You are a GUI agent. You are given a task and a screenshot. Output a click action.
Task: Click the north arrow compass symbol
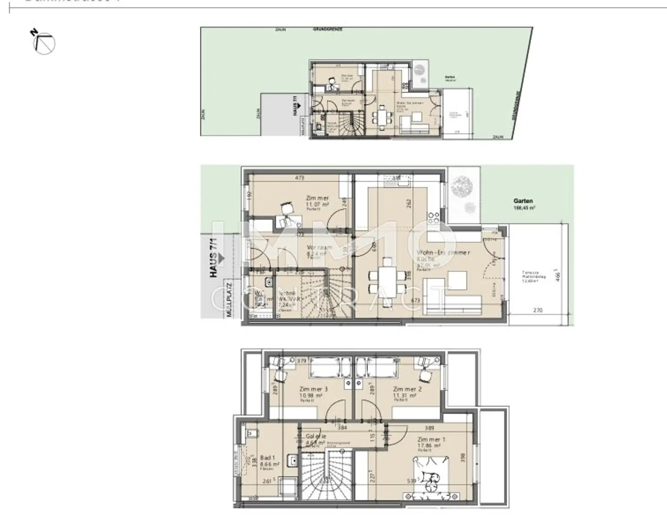point(44,43)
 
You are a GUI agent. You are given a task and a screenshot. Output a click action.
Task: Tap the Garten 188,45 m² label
point(523,204)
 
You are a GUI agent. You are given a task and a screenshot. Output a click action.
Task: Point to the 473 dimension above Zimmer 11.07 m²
point(299,178)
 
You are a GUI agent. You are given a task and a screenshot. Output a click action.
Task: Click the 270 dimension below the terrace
point(538,310)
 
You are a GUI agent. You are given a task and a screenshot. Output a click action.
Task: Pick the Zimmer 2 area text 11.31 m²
point(404,396)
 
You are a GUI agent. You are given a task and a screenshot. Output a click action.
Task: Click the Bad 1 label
point(267,458)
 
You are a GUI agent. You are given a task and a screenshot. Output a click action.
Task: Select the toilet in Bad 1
point(251,433)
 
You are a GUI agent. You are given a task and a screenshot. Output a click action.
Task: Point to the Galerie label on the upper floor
point(316,436)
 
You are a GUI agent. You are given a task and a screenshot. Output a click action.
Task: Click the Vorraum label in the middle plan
point(319,247)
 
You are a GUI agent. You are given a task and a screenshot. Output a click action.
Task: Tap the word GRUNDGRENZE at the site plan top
point(328,30)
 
